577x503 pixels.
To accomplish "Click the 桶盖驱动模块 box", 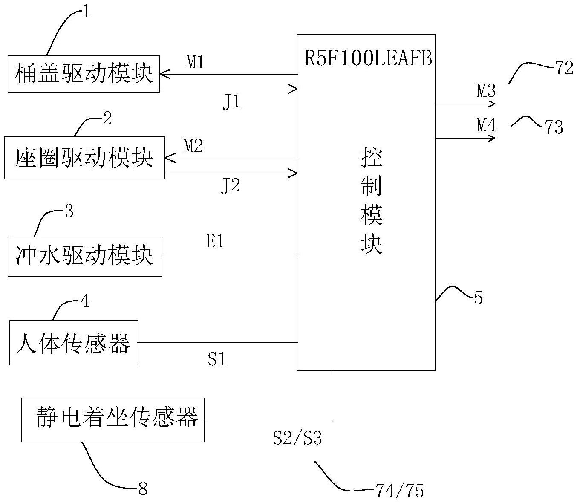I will [84, 74].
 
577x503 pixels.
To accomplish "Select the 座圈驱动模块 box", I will [84, 158].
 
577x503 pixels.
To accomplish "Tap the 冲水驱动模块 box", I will [85, 256].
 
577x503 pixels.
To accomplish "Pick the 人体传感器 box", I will [74, 343].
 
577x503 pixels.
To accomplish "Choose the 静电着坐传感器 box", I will [113, 420].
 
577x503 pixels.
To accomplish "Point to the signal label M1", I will [196, 63].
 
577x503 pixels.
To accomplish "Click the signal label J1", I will [231, 102].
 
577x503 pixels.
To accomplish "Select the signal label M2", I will [193, 146].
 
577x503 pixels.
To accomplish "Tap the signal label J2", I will [230, 186].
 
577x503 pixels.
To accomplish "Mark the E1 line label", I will [215, 242].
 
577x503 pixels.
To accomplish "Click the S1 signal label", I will [216, 360].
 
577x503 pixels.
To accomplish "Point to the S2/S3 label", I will [297, 438].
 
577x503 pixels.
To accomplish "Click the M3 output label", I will [486, 90].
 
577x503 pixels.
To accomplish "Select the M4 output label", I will [486, 125].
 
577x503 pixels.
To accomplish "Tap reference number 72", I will [563, 68].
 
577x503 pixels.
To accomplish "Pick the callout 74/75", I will [400, 491].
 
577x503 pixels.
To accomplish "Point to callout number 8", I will [143, 489].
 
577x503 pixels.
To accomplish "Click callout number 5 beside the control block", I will [478, 298].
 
